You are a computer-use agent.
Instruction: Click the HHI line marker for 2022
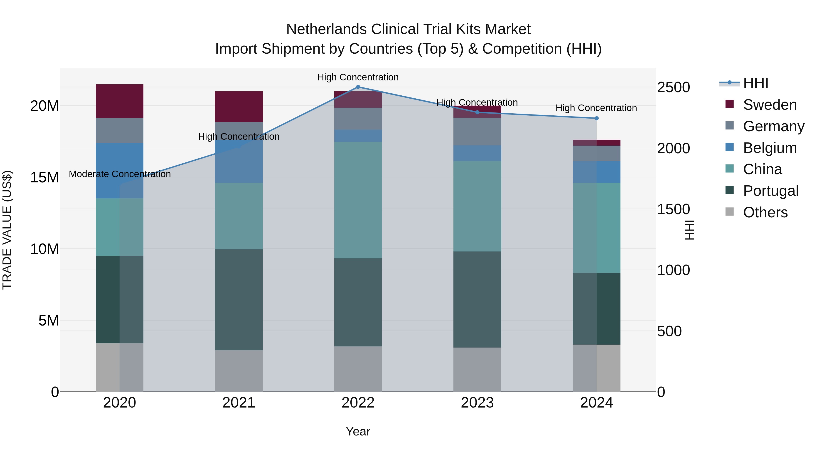click(x=358, y=87)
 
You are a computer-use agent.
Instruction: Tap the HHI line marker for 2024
click(x=597, y=118)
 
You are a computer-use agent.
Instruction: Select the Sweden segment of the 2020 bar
click(x=120, y=101)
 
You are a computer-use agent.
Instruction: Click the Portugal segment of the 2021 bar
click(x=239, y=300)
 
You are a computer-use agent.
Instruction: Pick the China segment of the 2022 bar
click(x=358, y=200)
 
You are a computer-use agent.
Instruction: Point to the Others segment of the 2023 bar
click(x=477, y=370)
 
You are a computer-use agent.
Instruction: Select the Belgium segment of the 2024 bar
click(x=597, y=172)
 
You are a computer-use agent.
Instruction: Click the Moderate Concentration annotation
click(x=120, y=174)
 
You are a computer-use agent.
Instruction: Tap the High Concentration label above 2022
click(x=358, y=77)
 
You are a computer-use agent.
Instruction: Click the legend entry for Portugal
click(x=770, y=191)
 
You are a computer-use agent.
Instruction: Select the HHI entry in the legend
click(x=755, y=83)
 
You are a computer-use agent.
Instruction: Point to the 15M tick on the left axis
click(x=44, y=177)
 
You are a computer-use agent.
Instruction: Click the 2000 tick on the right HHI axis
click(x=673, y=148)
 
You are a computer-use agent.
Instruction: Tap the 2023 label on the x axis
click(x=477, y=403)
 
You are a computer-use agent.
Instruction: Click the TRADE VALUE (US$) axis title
click(x=7, y=230)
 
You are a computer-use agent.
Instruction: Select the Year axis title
click(x=358, y=431)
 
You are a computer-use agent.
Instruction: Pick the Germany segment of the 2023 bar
click(x=477, y=132)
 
